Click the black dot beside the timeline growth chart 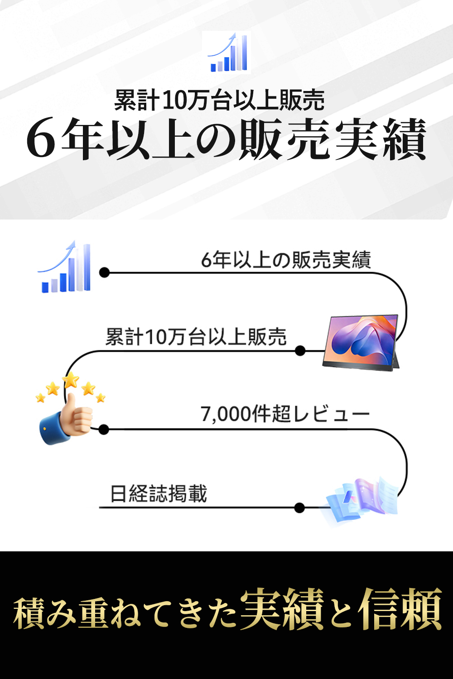click(x=104, y=273)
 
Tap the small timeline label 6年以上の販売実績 click(x=286, y=260)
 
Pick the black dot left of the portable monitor click(x=300, y=351)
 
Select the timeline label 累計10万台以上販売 click(x=196, y=337)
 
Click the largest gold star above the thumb click(x=71, y=379)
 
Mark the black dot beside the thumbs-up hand click(x=104, y=430)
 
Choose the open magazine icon click(x=362, y=498)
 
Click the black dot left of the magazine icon click(x=299, y=508)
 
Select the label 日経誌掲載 click(x=159, y=494)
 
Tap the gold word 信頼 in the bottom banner click(x=400, y=609)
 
